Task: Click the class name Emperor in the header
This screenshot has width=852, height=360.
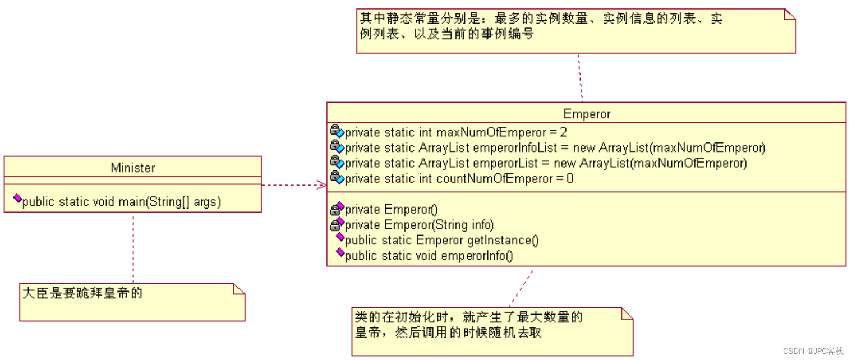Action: coord(586,114)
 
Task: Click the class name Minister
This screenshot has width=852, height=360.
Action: coord(133,168)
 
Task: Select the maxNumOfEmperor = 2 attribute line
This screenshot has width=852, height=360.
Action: coord(455,133)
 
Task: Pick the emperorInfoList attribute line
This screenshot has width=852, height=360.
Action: coord(555,148)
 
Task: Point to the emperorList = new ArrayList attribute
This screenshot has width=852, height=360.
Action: coord(545,163)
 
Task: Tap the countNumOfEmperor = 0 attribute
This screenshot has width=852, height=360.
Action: coord(459,179)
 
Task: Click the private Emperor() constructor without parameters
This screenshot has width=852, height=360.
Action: coord(391,210)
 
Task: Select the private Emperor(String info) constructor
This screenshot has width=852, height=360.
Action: coord(419,225)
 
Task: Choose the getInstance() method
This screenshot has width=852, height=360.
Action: coord(441,241)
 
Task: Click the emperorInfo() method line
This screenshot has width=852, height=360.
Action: coord(429,256)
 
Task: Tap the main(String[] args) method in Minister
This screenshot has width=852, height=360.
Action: coord(122,202)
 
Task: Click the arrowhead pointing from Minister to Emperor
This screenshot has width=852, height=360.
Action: coord(321,184)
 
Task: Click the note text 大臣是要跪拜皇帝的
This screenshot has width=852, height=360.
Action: coord(82,293)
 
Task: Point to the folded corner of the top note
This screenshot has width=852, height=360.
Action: coord(789,15)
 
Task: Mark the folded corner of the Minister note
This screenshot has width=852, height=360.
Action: coord(239,289)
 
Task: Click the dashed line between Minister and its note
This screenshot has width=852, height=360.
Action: coord(133,247)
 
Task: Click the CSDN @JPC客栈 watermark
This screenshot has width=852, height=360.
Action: coord(813,351)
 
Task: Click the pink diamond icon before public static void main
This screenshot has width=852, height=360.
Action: coord(17,199)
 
